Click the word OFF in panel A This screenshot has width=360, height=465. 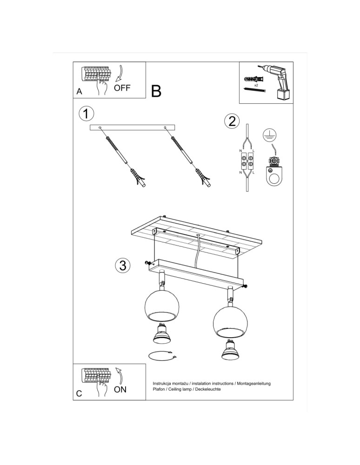click(122, 87)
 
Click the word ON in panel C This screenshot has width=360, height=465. click(120, 389)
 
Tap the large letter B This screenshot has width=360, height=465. click(156, 91)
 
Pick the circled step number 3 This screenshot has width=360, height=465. click(122, 266)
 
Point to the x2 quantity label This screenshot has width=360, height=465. click(256, 86)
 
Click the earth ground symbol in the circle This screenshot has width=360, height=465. click(268, 134)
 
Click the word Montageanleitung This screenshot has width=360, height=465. click(253, 383)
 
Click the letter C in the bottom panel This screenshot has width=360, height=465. click(79, 393)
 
